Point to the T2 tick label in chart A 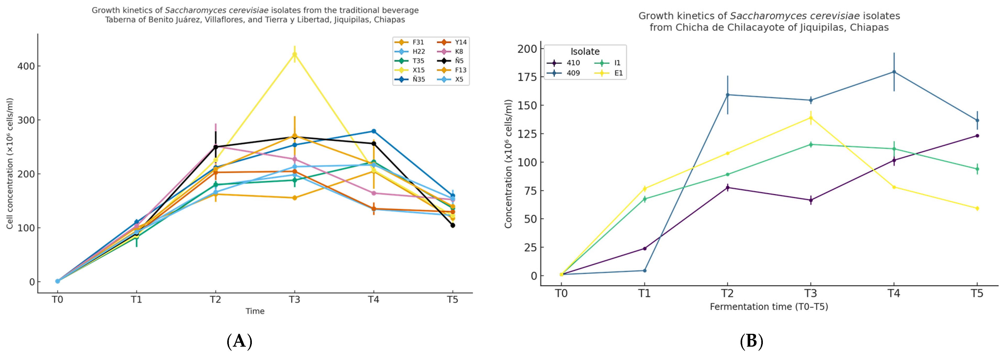point(215,300)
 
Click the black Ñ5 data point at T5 point(453,226)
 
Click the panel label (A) point(239,341)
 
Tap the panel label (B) point(751,341)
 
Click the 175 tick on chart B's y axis point(527,77)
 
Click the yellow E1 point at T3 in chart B point(811,118)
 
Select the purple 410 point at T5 point(977,136)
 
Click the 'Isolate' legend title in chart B point(585,52)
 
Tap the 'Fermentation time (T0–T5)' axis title point(769,307)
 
